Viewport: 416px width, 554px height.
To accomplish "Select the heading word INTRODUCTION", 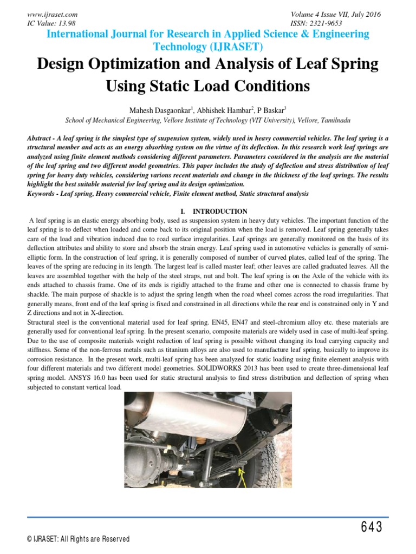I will point(220,211).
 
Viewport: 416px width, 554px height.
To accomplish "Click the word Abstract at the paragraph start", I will point(41,138).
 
